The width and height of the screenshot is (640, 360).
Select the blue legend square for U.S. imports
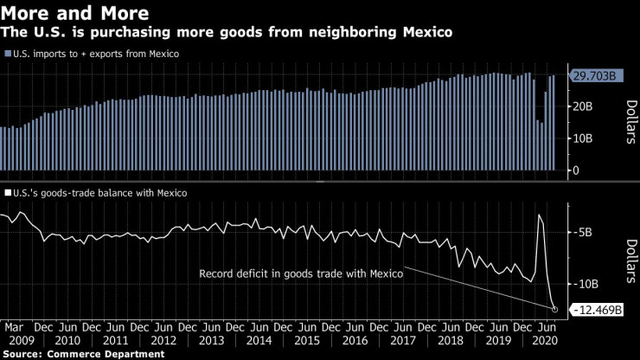(8, 54)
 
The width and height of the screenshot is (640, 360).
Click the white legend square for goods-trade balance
(8, 194)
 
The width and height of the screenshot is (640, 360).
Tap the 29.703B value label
(592, 76)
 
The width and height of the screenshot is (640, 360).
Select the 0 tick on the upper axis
(575, 170)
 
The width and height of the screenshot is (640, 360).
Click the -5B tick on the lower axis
(580, 232)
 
